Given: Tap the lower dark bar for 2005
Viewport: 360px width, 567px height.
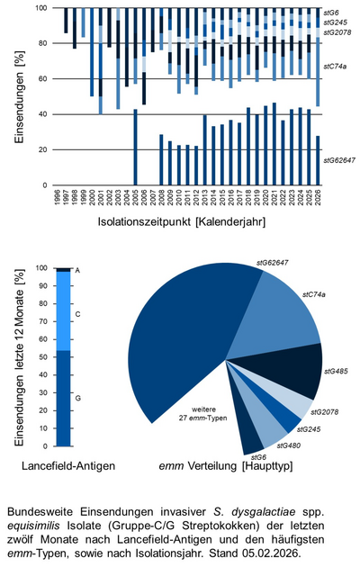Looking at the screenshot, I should [135, 148].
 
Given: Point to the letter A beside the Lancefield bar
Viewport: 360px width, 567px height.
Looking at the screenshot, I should [78, 270].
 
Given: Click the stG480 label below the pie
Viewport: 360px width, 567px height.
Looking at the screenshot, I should [290, 445].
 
